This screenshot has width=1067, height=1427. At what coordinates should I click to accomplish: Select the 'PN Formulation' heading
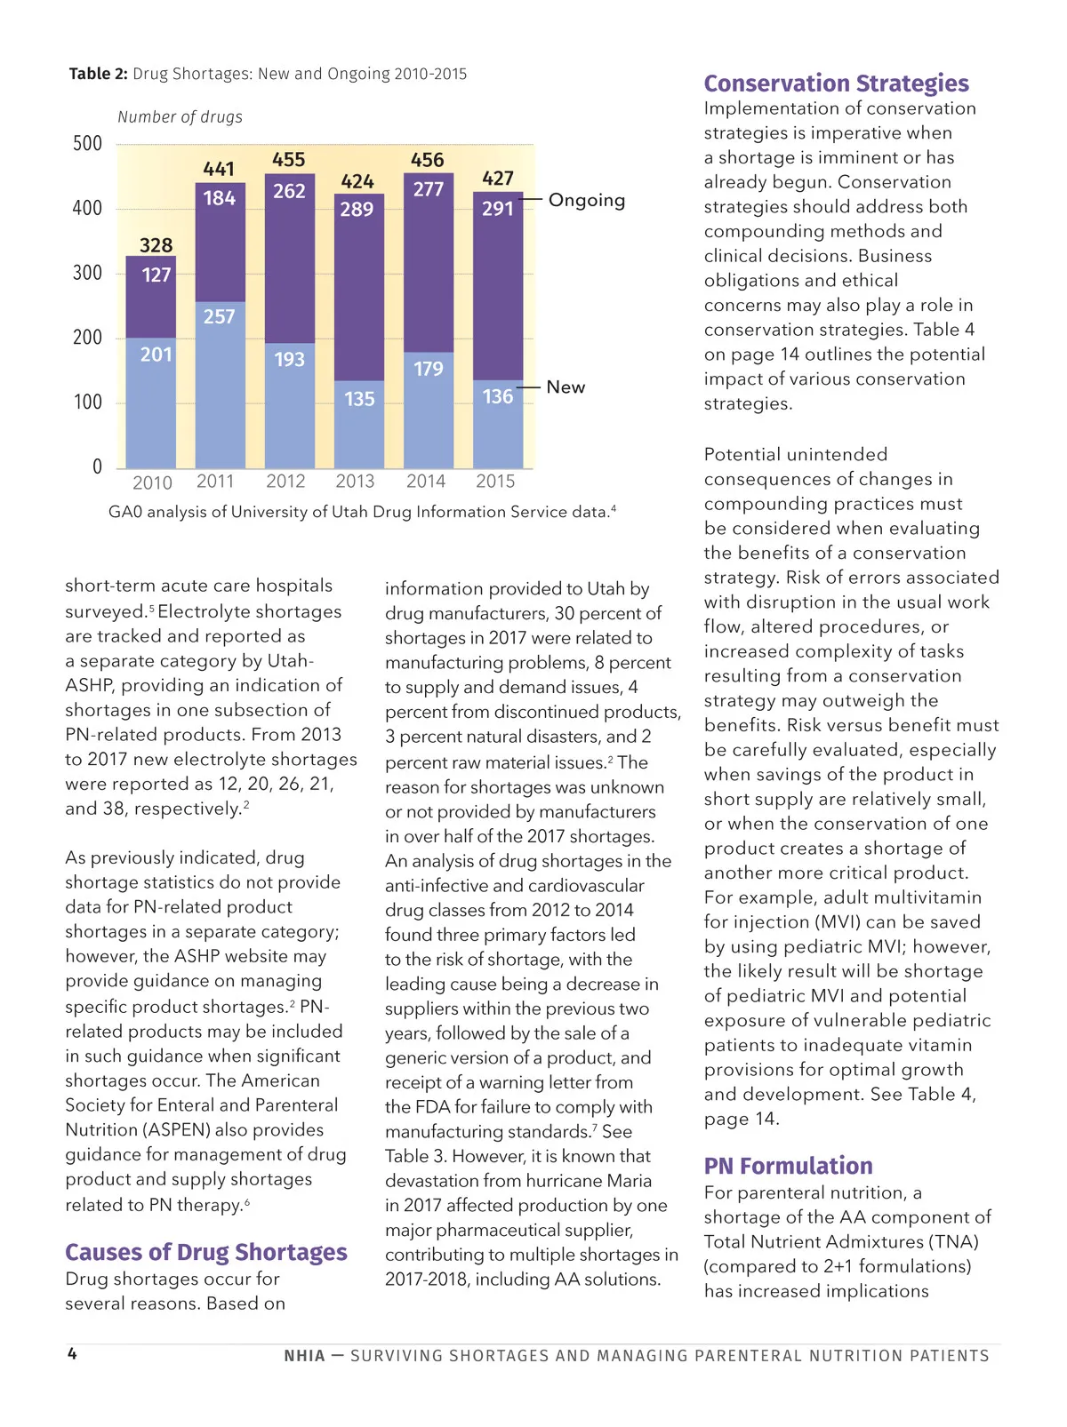point(788,1166)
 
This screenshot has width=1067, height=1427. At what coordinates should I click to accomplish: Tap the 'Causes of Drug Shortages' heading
point(205,1252)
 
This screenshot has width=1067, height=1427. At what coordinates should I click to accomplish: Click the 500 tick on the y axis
point(87,144)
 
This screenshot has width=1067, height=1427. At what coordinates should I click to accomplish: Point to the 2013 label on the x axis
point(355,482)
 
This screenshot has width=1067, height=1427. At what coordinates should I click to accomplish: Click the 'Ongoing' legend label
point(586,200)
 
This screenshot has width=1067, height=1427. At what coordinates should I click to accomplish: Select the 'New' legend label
point(566,387)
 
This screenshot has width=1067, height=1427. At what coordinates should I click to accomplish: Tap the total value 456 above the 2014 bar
point(427,160)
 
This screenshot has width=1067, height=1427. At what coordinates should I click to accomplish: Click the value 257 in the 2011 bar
point(219,316)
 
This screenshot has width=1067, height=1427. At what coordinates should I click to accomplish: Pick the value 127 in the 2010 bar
point(156,275)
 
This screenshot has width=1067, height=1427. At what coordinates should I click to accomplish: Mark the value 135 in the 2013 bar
point(359,399)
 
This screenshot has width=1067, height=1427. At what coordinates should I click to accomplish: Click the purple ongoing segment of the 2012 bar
point(289,267)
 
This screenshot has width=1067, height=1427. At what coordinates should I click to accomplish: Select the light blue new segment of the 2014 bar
point(428,418)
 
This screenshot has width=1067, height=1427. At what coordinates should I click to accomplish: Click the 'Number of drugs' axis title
point(180,117)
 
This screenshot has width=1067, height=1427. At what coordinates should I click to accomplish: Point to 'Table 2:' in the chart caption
point(98,74)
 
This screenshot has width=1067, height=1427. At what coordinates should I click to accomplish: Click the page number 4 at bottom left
point(72,1353)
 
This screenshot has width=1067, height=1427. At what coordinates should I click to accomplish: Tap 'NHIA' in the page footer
point(304,1356)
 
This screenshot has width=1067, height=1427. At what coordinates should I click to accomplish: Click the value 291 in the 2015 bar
point(497,209)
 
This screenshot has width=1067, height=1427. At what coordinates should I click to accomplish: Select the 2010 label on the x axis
point(152,482)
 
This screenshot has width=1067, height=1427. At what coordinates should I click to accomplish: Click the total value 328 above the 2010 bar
point(156,245)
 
